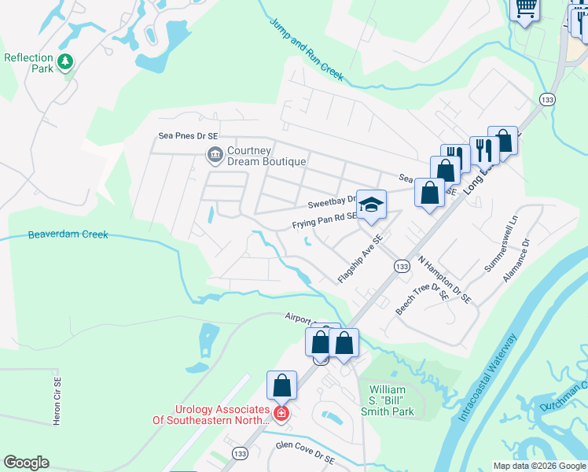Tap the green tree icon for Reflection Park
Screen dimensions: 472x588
(x=66, y=61)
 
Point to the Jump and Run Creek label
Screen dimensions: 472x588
(x=307, y=49)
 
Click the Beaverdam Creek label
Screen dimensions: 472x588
(x=68, y=234)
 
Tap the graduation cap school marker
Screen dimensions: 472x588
(x=372, y=205)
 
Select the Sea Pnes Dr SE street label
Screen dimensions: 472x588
(x=186, y=135)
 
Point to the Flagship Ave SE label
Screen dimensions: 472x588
(x=360, y=259)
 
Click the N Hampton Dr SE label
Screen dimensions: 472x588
(x=444, y=280)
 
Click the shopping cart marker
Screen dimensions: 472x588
(x=525, y=8)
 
